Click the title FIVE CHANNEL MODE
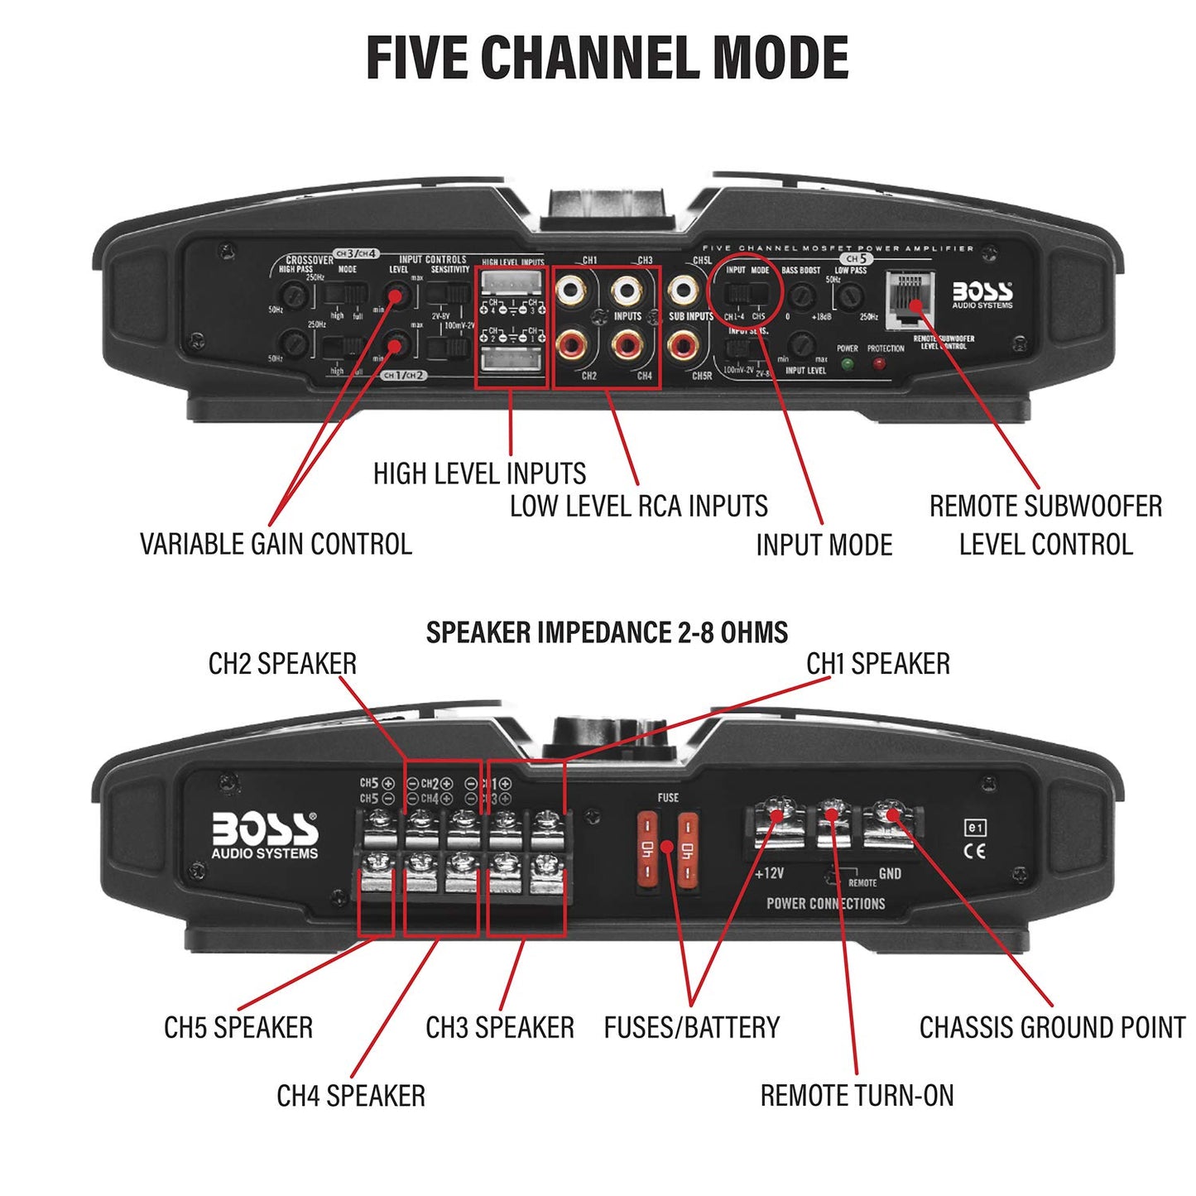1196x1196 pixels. pyautogui.click(x=607, y=58)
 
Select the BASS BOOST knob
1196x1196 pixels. pyautogui.click(x=801, y=295)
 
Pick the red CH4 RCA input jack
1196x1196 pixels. pyautogui.click(x=627, y=344)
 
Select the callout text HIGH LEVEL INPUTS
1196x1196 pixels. pyautogui.click(x=479, y=473)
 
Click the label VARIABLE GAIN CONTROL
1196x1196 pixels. pyautogui.click(x=276, y=544)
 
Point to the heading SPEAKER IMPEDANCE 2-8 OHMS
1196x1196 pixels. pyautogui.click(x=607, y=632)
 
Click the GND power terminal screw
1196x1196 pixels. pyautogui.click(x=891, y=814)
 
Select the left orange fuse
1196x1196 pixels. pyautogui.click(x=647, y=851)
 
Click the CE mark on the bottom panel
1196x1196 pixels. pyautogui.click(x=976, y=850)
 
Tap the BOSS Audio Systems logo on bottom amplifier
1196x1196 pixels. pyautogui.click(x=264, y=834)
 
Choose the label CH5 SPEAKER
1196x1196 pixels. pyautogui.click(x=238, y=1027)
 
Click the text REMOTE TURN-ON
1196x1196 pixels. pyautogui.click(x=857, y=1095)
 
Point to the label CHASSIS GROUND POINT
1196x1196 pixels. pyautogui.click(x=1052, y=1027)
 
